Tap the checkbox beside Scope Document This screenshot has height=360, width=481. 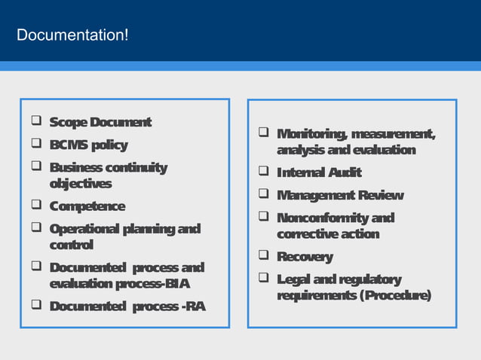tap(35, 122)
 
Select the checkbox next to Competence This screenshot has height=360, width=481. tap(35, 206)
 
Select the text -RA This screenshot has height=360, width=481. tap(194, 307)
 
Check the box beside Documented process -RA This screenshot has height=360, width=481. tap(35, 306)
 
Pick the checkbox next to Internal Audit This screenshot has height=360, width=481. tap(263, 172)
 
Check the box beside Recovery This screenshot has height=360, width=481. tap(263, 257)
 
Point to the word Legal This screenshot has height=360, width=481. tap(293, 279)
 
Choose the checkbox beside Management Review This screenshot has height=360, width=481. tap(263, 196)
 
